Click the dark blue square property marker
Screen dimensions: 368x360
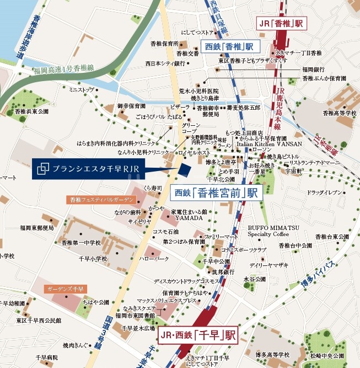click(x=185, y=167)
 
